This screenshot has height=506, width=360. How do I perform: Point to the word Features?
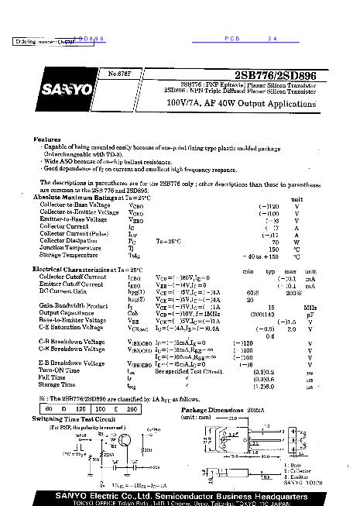pyautogui.click(x=46, y=139)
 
